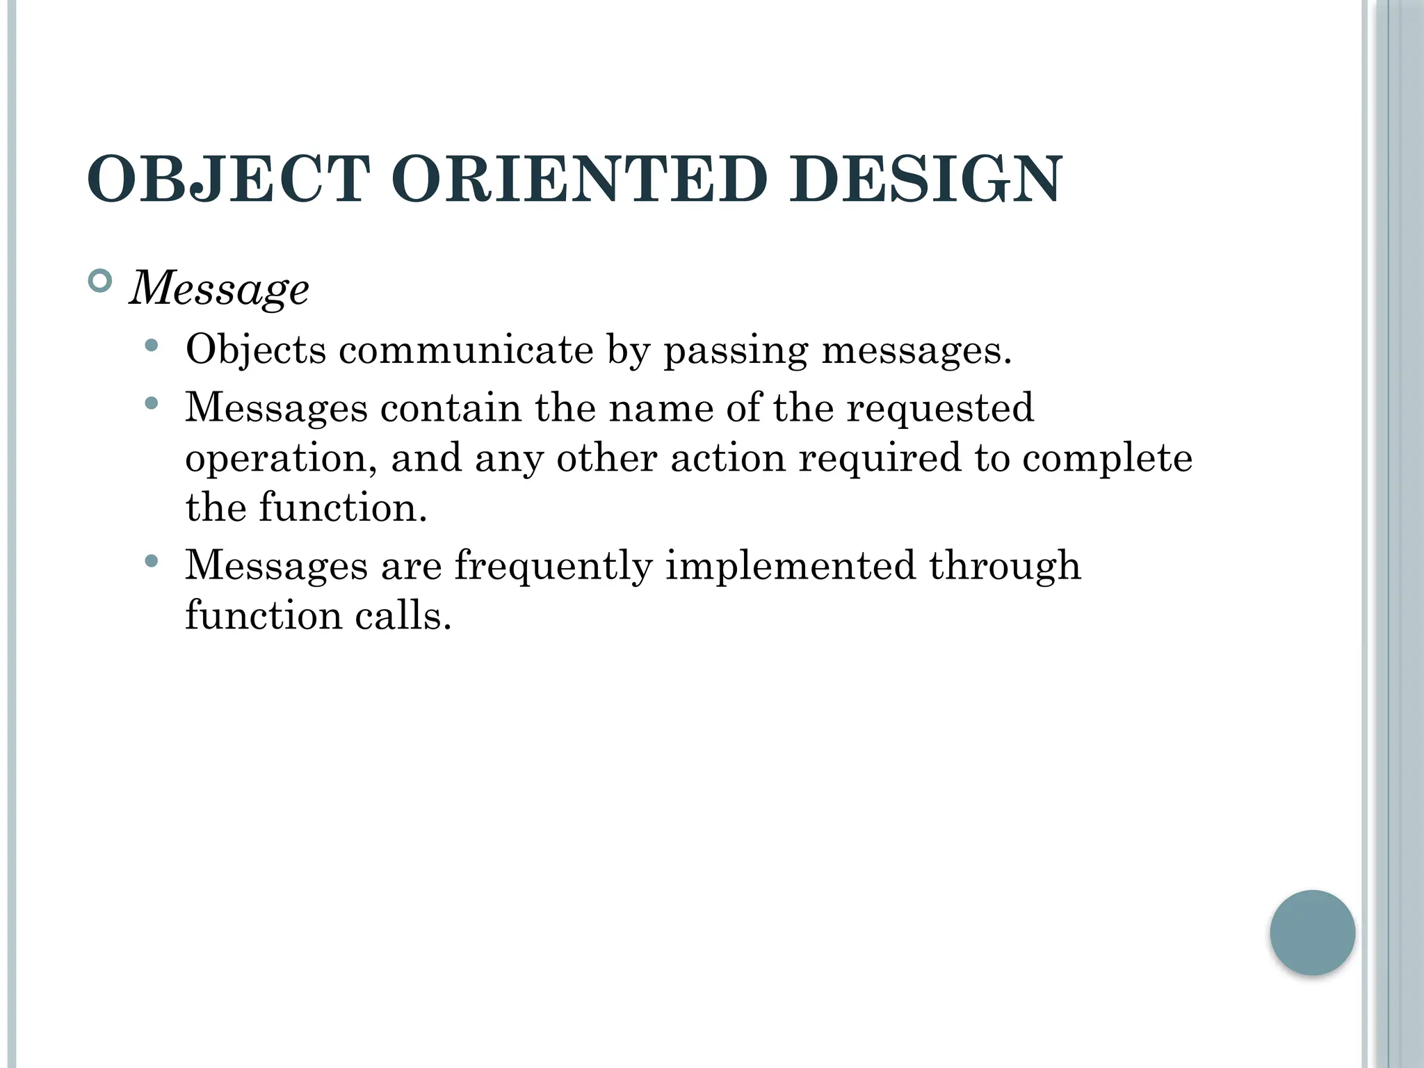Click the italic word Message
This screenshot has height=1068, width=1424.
pyautogui.click(x=219, y=289)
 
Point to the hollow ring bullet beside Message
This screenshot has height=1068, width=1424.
pyautogui.click(x=101, y=282)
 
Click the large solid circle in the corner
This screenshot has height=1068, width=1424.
pyautogui.click(x=1312, y=932)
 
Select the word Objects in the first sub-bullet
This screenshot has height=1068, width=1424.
pyautogui.click(x=255, y=350)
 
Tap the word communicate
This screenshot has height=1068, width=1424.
pyautogui.click(x=466, y=350)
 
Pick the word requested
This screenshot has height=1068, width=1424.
pyautogui.click(x=940, y=408)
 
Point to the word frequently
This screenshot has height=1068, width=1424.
pyautogui.click(x=553, y=566)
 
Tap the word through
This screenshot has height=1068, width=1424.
pyautogui.click(x=1005, y=566)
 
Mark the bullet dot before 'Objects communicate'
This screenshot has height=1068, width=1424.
pyautogui.click(x=152, y=345)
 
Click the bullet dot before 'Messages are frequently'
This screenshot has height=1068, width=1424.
pyautogui.click(x=152, y=560)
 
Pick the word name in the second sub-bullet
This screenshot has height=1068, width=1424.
pyautogui.click(x=661, y=408)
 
